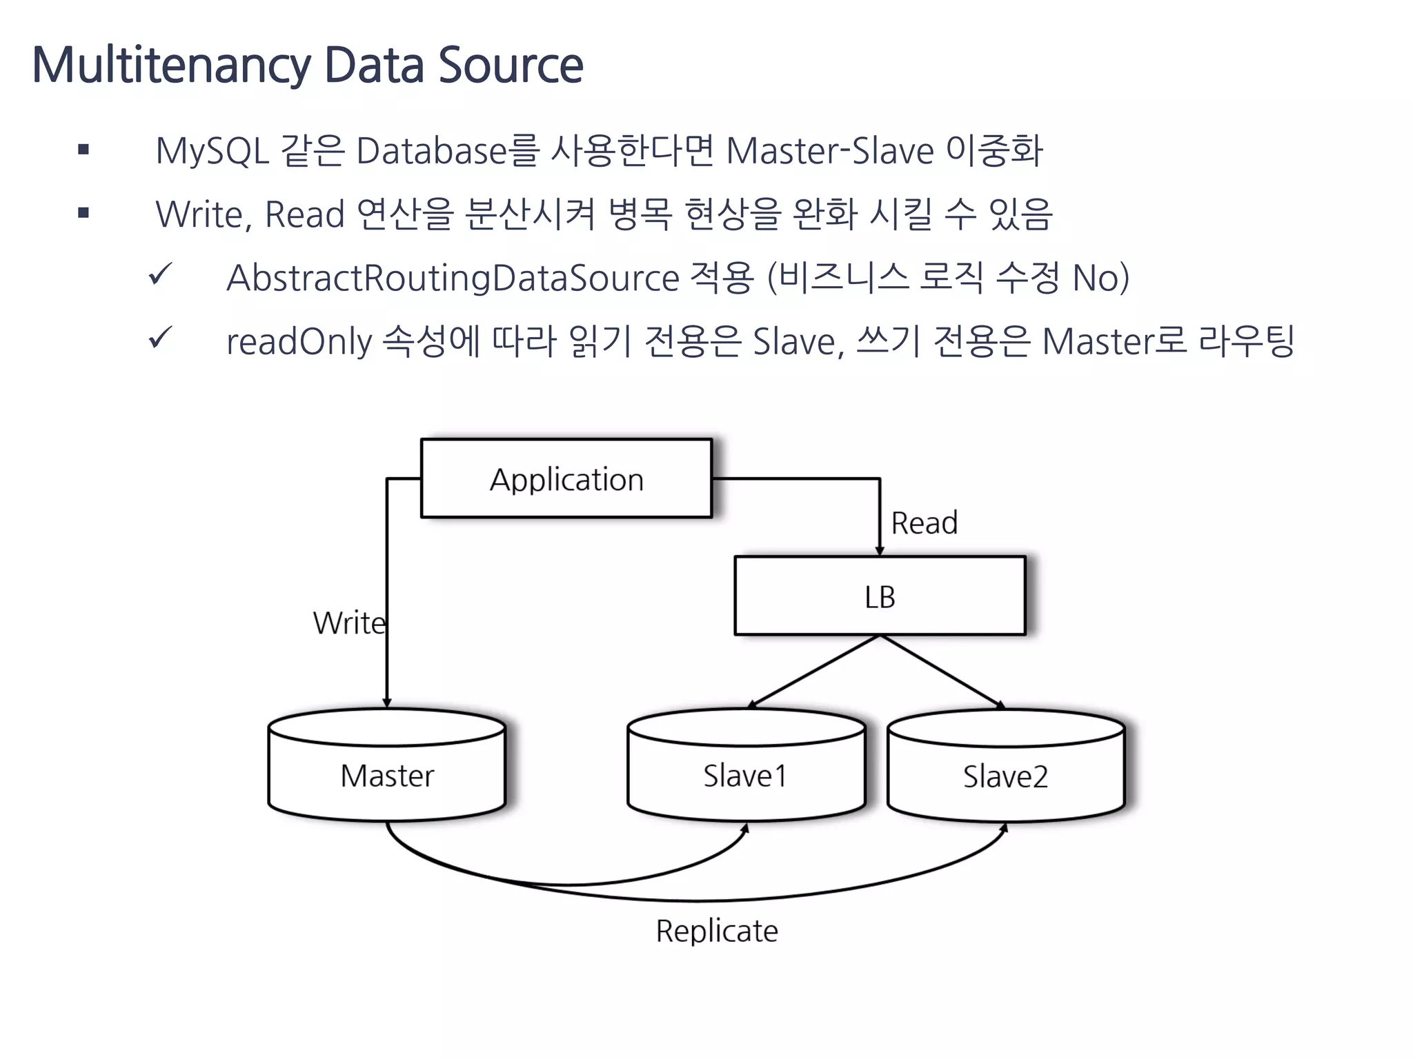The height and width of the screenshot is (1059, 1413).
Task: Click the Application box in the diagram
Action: tap(566, 478)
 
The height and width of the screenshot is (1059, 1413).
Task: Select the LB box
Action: tap(880, 596)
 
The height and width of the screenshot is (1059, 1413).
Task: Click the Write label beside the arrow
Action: tap(349, 623)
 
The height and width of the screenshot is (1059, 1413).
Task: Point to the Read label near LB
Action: tap(925, 523)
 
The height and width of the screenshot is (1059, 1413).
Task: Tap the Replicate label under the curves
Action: tap(717, 931)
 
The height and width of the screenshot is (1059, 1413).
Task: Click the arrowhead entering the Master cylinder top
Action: tap(387, 703)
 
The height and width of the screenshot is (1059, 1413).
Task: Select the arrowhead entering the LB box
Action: tap(880, 550)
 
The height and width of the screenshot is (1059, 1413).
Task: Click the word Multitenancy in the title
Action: tap(172, 65)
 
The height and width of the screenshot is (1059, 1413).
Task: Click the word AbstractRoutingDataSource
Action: tap(453, 278)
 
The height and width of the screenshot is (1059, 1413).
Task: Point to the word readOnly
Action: tap(299, 341)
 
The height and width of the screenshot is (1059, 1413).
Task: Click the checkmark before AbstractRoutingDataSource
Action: tap(160, 275)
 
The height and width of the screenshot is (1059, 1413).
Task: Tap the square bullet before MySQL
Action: tap(83, 150)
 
